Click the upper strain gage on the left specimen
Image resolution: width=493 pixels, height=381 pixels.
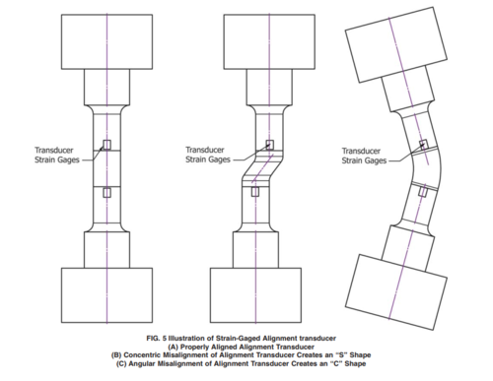pos(106,145)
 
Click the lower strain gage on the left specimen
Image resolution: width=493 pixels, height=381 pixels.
pos(106,192)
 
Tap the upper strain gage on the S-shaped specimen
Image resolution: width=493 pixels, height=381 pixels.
pos(269,145)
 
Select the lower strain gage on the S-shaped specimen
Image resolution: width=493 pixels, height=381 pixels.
pos(255,192)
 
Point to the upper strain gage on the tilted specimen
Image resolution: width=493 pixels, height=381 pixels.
pos(424,145)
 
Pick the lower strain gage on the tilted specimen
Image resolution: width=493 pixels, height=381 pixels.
pos(423,191)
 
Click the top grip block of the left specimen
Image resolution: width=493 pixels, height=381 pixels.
pos(106,41)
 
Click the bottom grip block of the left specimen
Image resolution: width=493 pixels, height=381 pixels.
pos(106,295)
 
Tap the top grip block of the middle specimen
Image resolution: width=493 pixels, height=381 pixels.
pos(269,41)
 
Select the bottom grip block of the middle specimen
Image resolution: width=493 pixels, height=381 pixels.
pos(255,295)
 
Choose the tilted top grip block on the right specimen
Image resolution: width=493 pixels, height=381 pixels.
pos(396,44)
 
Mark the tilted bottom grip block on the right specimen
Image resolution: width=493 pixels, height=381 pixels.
pos(396,292)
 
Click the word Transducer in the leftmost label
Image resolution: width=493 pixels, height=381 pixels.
pos(54,151)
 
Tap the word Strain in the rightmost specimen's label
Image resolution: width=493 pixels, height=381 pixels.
pos(352,160)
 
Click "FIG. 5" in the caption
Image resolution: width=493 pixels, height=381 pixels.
pos(157,338)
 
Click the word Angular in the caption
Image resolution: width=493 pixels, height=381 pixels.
pos(142,363)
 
